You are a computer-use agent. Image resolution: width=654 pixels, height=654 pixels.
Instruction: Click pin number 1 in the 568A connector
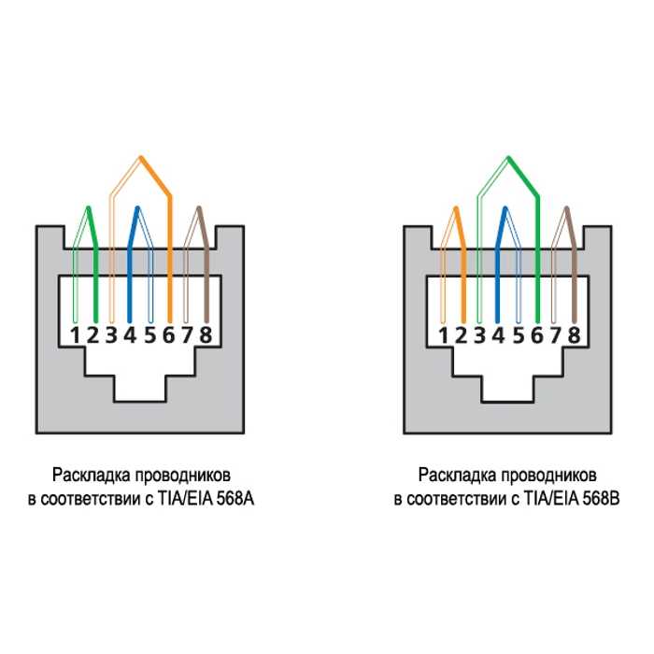[75, 334]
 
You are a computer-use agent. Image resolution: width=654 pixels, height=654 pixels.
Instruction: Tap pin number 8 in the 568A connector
[206, 334]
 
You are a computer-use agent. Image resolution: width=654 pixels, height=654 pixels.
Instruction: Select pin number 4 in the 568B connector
[498, 334]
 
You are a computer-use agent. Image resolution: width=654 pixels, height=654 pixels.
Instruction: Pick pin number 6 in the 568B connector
[537, 334]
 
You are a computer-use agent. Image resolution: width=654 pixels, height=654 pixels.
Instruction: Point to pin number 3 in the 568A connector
[111, 334]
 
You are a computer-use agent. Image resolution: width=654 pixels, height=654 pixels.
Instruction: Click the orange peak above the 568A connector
[141, 158]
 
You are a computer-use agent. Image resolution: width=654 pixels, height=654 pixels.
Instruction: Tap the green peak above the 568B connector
[508, 158]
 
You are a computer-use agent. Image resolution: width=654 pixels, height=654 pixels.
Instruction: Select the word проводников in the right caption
[548, 476]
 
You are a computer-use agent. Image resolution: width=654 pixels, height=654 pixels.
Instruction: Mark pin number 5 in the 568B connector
[518, 334]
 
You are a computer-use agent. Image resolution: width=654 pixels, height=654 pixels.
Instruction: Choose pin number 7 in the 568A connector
[187, 334]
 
